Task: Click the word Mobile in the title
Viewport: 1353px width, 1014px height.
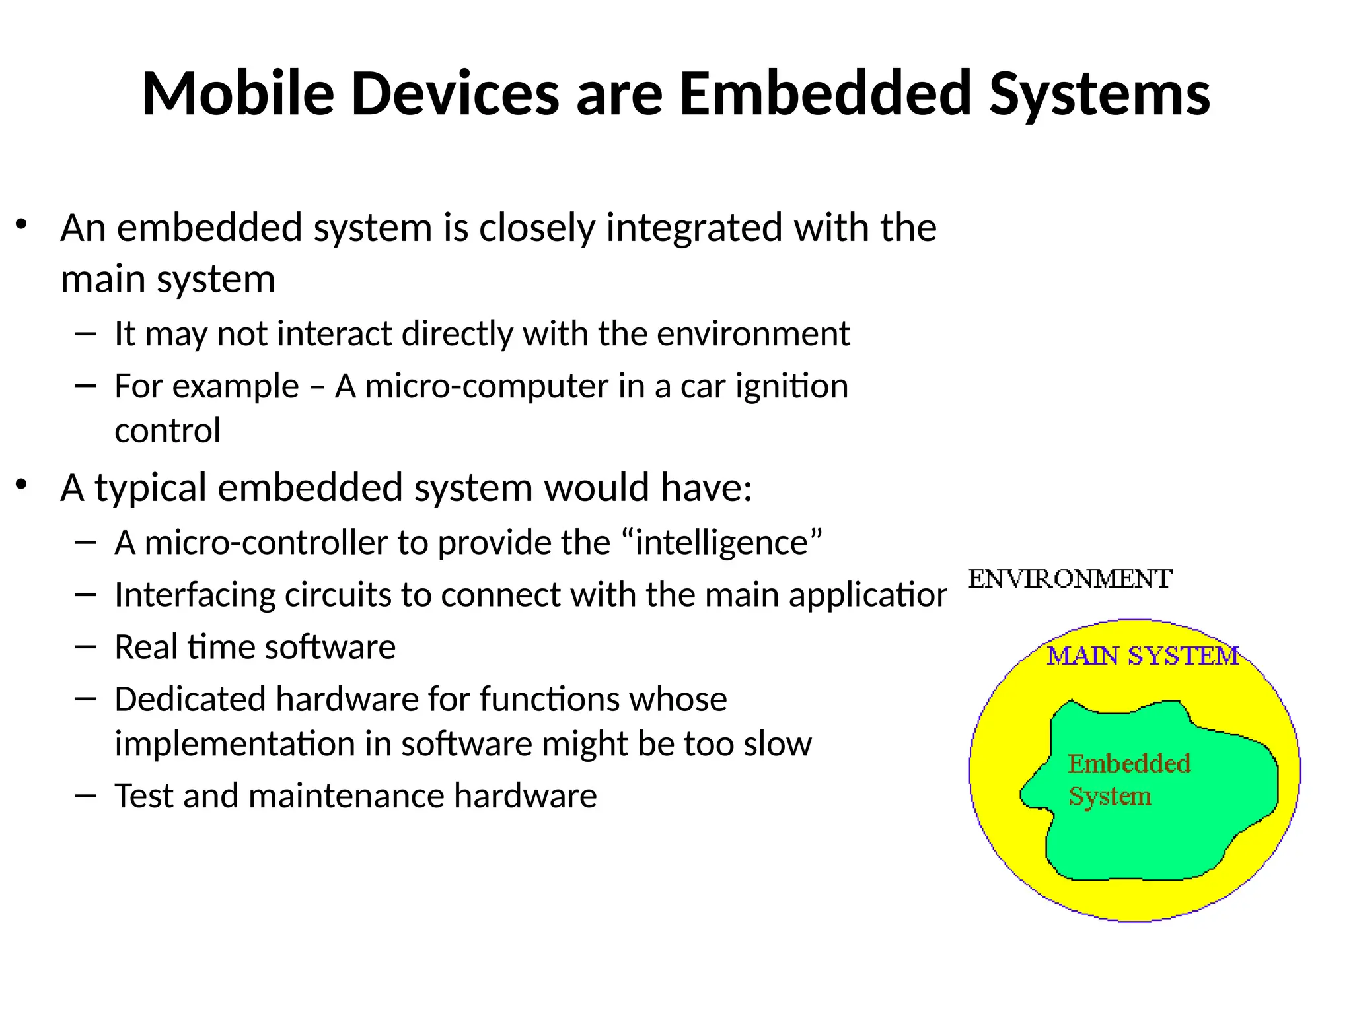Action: pos(238,94)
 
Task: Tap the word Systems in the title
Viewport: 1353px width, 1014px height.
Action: pos(1099,94)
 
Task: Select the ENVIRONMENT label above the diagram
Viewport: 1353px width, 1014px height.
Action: pos(1070,579)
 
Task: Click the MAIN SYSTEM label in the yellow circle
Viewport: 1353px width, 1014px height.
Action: pos(1142,656)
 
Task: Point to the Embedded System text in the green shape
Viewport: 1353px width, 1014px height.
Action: pos(1128,780)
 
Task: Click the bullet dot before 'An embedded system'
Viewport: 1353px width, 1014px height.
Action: pos(22,225)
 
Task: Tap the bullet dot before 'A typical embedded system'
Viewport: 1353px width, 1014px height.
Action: pos(22,485)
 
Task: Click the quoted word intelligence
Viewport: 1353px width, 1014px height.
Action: pos(722,543)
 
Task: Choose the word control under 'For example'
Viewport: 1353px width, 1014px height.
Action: pos(167,431)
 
